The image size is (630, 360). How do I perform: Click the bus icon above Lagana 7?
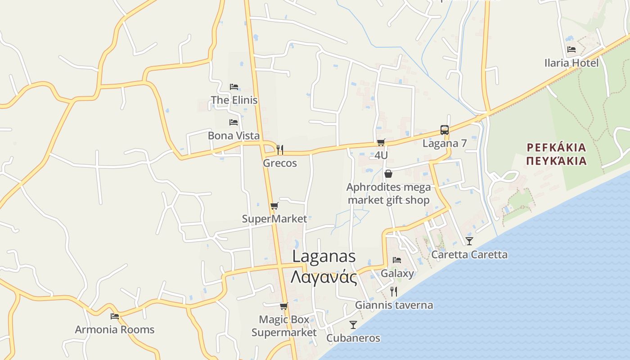445,130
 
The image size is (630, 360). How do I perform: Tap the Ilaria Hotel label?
571,63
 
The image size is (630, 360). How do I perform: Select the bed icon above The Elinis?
234,87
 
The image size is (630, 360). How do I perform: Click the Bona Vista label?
234,135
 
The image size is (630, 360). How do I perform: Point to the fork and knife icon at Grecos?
280,149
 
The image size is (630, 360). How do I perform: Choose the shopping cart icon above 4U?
381,143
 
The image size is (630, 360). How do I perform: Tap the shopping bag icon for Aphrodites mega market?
388,174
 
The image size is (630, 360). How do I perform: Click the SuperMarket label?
274,219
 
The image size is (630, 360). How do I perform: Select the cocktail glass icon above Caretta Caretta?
469,241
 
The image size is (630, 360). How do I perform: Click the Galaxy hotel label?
397,273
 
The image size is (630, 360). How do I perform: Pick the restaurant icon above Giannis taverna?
394,292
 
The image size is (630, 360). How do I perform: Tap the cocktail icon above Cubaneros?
353,324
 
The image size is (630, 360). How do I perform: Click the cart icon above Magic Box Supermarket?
283,306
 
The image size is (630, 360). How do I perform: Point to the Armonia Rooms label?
114,330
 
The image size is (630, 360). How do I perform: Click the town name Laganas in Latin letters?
324,256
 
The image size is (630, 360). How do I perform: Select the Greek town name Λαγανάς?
324,277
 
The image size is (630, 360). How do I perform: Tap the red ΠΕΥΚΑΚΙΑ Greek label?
557,161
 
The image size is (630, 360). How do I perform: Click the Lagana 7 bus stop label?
445,144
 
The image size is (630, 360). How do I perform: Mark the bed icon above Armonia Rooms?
115,316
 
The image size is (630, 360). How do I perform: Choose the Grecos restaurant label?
280,163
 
